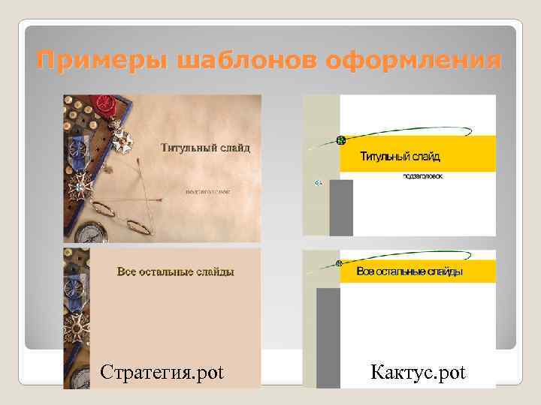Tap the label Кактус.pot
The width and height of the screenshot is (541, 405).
(x=419, y=371)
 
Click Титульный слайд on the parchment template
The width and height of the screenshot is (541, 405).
(x=205, y=147)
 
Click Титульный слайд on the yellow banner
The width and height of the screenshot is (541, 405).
(x=400, y=157)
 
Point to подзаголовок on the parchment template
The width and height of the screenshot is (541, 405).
(x=208, y=190)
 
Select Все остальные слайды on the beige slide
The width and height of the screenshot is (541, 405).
(x=175, y=271)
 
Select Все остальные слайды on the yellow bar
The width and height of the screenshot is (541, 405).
(x=410, y=271)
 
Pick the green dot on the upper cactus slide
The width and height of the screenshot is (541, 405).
(x=340, y=140)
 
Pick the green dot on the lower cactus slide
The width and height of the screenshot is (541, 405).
(x=339, y=264)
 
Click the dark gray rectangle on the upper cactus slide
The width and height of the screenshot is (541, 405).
(x=341, y=207)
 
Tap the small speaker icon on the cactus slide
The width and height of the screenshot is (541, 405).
(x=317, y=182)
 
